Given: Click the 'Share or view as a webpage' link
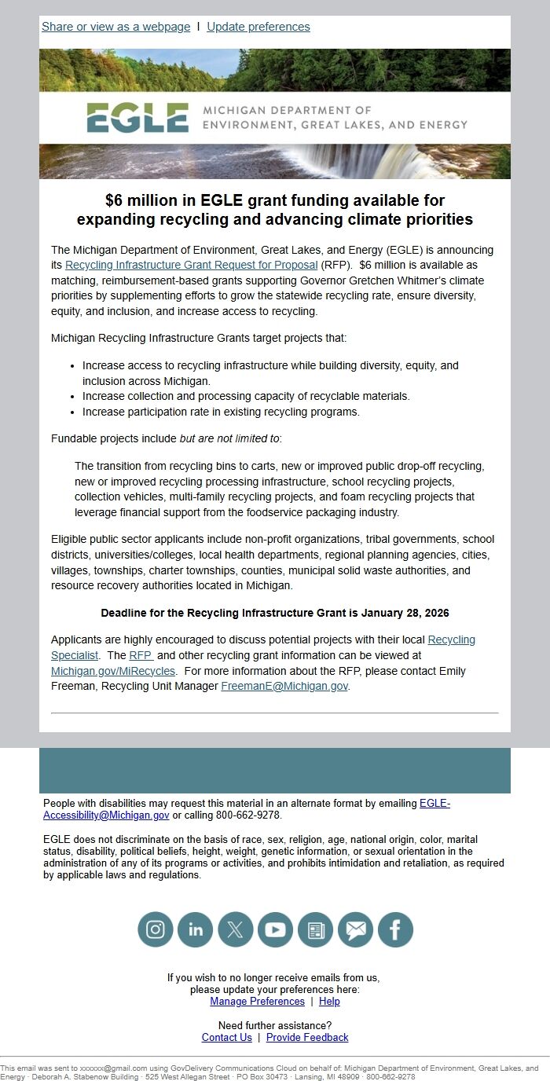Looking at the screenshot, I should point(115,27).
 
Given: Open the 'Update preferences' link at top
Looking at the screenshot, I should point(258,27).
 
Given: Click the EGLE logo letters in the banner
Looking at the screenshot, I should point(137,118).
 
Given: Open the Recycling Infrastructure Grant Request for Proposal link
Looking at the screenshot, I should point(191,265).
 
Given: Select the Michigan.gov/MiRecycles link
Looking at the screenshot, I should point(113,671).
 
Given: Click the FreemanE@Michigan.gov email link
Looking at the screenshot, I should point(284,686).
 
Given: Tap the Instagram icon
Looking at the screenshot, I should point(156,930).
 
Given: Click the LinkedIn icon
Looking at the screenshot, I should point(196,930).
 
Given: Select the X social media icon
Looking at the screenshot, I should point(236,930).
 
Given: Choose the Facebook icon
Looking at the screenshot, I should point(395,930).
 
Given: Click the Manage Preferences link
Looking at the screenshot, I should point(257,1002).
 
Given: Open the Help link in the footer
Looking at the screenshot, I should point(329,1002).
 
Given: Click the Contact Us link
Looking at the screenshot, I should point(226,1038).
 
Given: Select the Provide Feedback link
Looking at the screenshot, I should point(307,1038).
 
